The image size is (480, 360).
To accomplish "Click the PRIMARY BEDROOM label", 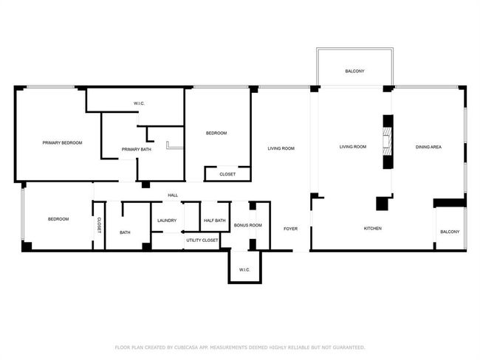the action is coord(62,143).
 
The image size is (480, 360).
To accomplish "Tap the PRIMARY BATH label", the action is coord(136,149).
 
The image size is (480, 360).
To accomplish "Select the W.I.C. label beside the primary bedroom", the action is coord(139,103).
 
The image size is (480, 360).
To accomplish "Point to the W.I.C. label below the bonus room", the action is coord(244,270).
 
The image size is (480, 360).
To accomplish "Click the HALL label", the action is coord(173,195).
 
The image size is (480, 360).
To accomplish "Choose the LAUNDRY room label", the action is coord(167,221).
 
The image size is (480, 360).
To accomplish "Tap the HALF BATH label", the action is coord(215,221).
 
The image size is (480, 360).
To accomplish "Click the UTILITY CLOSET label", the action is coord(202,240).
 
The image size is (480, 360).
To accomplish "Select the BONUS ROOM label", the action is coord(247,225).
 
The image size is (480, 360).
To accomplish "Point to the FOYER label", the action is coord(290,229).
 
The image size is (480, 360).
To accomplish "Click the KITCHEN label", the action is coord(372,228).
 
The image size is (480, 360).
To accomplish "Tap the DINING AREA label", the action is coord(428,147).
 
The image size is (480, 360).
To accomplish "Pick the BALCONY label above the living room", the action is coord(354,71).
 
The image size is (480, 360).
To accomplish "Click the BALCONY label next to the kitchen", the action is coord(450,232).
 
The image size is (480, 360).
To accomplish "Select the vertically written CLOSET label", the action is coord(99,226).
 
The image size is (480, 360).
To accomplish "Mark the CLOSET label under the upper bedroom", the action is coord(227,174).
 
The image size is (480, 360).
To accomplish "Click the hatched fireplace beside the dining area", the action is coord(388,142).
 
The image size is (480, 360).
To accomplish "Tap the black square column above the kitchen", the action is coord(382,204).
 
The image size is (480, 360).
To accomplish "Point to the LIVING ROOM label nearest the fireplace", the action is coord(353,147).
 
